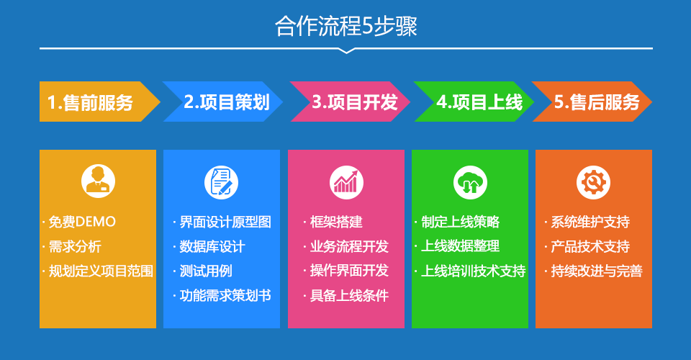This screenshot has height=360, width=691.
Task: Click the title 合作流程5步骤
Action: (346, 26)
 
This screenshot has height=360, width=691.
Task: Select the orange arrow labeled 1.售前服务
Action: (99, 102)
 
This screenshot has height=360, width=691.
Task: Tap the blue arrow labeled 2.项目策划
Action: (222, 102)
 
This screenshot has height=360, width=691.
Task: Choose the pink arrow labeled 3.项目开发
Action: (350, 102)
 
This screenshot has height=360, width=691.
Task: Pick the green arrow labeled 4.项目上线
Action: (474, 102)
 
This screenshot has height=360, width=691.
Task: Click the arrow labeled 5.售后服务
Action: (592, 102)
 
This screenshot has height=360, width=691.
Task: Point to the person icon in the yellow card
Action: (99, 181)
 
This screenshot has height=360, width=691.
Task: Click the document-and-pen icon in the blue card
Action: (221, 182)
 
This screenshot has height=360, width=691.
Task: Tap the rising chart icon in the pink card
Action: (346, 182)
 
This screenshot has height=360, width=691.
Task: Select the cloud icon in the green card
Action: (470, 182)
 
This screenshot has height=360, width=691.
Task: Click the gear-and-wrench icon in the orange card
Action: (594, 182)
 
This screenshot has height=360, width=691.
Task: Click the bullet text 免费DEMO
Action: (82, 222)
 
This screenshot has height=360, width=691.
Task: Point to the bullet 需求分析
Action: (75, 246)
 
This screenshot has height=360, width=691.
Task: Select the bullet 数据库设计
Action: (212, 246)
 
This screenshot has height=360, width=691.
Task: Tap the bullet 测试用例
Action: (206, 271)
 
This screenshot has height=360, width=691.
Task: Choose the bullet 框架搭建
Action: (336, 222)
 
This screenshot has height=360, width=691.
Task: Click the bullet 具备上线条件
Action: (350, 295)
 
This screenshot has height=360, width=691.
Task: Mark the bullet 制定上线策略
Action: (461, 222)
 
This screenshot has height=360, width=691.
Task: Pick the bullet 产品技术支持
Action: (590, 246)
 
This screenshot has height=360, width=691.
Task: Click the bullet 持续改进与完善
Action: (597, 271)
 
